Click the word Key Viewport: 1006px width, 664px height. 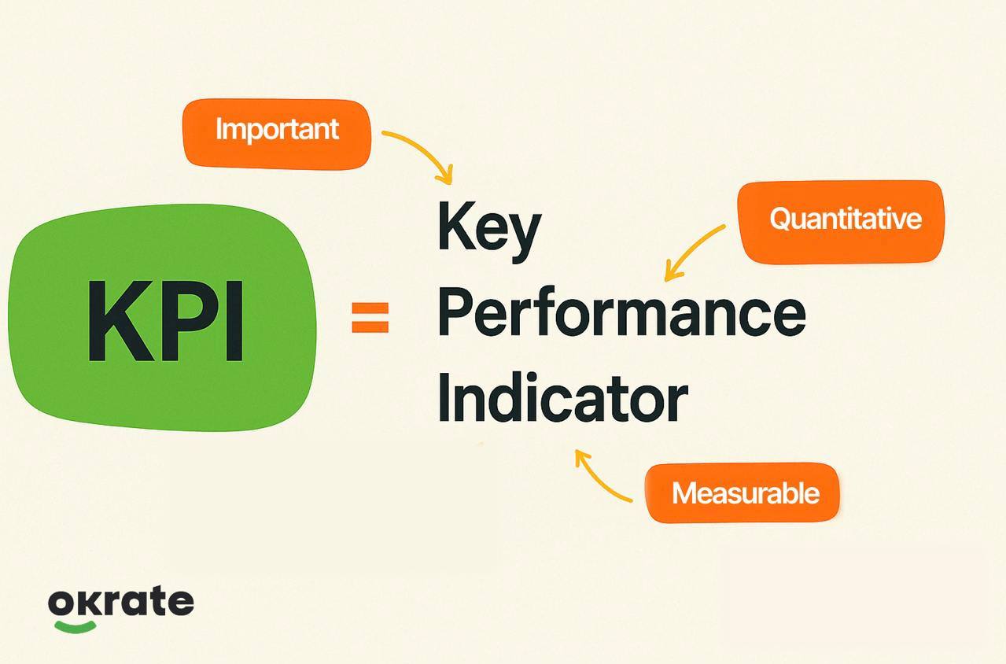pos(489,231)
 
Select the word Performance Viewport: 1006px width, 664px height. pos(621,312)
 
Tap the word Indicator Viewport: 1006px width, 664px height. pos(562,397)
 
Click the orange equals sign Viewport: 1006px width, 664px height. pos(370,318)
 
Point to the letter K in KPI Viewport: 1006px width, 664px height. pos(121,321)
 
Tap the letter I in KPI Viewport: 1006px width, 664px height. pos(234,321)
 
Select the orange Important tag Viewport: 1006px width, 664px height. pos(277,135)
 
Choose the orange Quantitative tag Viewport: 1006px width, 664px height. pos(841,222)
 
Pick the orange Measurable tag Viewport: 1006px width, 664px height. pos(743,492)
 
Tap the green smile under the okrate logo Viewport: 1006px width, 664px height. pos(75,626)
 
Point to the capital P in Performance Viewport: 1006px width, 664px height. pos(457,312)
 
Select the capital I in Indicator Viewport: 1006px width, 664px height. pos(444,397)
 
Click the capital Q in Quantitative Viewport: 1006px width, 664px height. pos(782,219)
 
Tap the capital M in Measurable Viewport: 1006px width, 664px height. pos(684,492)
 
